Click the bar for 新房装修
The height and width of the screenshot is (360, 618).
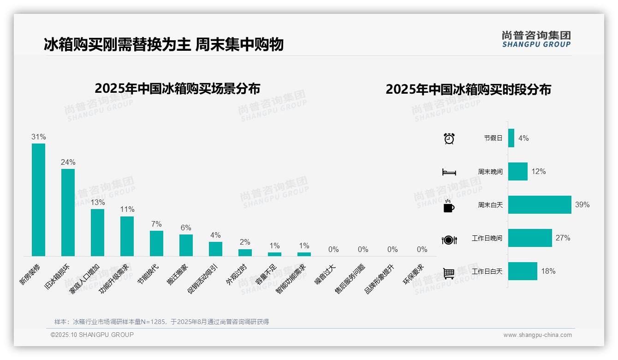coord(38,199)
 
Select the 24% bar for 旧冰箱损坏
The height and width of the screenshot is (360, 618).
coord(68,212)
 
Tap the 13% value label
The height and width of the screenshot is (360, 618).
coord(97,202)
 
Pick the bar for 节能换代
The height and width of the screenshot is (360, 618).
coord(156,243)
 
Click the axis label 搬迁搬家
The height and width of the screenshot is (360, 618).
coord(178,275)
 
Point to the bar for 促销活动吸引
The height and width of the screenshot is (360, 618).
coord(215,249)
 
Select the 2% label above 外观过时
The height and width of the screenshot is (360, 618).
coord(245,242)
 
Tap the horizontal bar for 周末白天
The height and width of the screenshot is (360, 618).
coord(540,204)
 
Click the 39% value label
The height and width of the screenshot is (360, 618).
coord(582,204)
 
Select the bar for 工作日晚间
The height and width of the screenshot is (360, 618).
coord(530,238)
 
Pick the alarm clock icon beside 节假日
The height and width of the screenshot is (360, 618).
coord(449,138)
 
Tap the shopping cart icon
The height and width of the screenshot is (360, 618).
coord(449,273)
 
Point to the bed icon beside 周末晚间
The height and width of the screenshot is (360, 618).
coord(449,172)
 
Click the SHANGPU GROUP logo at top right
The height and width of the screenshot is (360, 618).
coord(536,39)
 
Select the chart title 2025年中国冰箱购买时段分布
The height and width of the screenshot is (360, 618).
coord(468,90)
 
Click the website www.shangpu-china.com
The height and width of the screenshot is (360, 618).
coord(537,335)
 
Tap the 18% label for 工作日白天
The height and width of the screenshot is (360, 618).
coord(548,271)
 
